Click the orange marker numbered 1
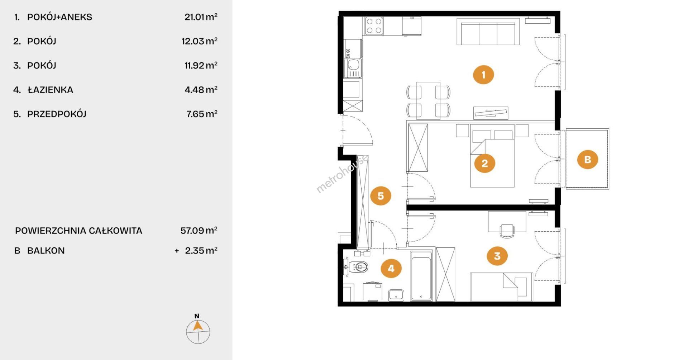point(483,75)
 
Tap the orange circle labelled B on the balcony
point(587,159)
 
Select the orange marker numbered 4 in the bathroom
point(391,268)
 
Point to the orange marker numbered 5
point(381,196)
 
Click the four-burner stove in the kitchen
point(374,26)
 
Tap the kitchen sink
point(353,68)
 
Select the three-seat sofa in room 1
point(488,32)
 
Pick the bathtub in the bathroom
point(421,276)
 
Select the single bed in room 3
point(501,287)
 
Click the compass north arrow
point(198,326)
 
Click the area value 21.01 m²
point(201,17)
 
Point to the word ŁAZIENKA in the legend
point(51,90)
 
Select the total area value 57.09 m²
point(199,230)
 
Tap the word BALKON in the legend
point(46,251)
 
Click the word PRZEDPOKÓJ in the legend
point(57,114)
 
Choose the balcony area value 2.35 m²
point(201,251)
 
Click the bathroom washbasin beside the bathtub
point(396,295)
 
